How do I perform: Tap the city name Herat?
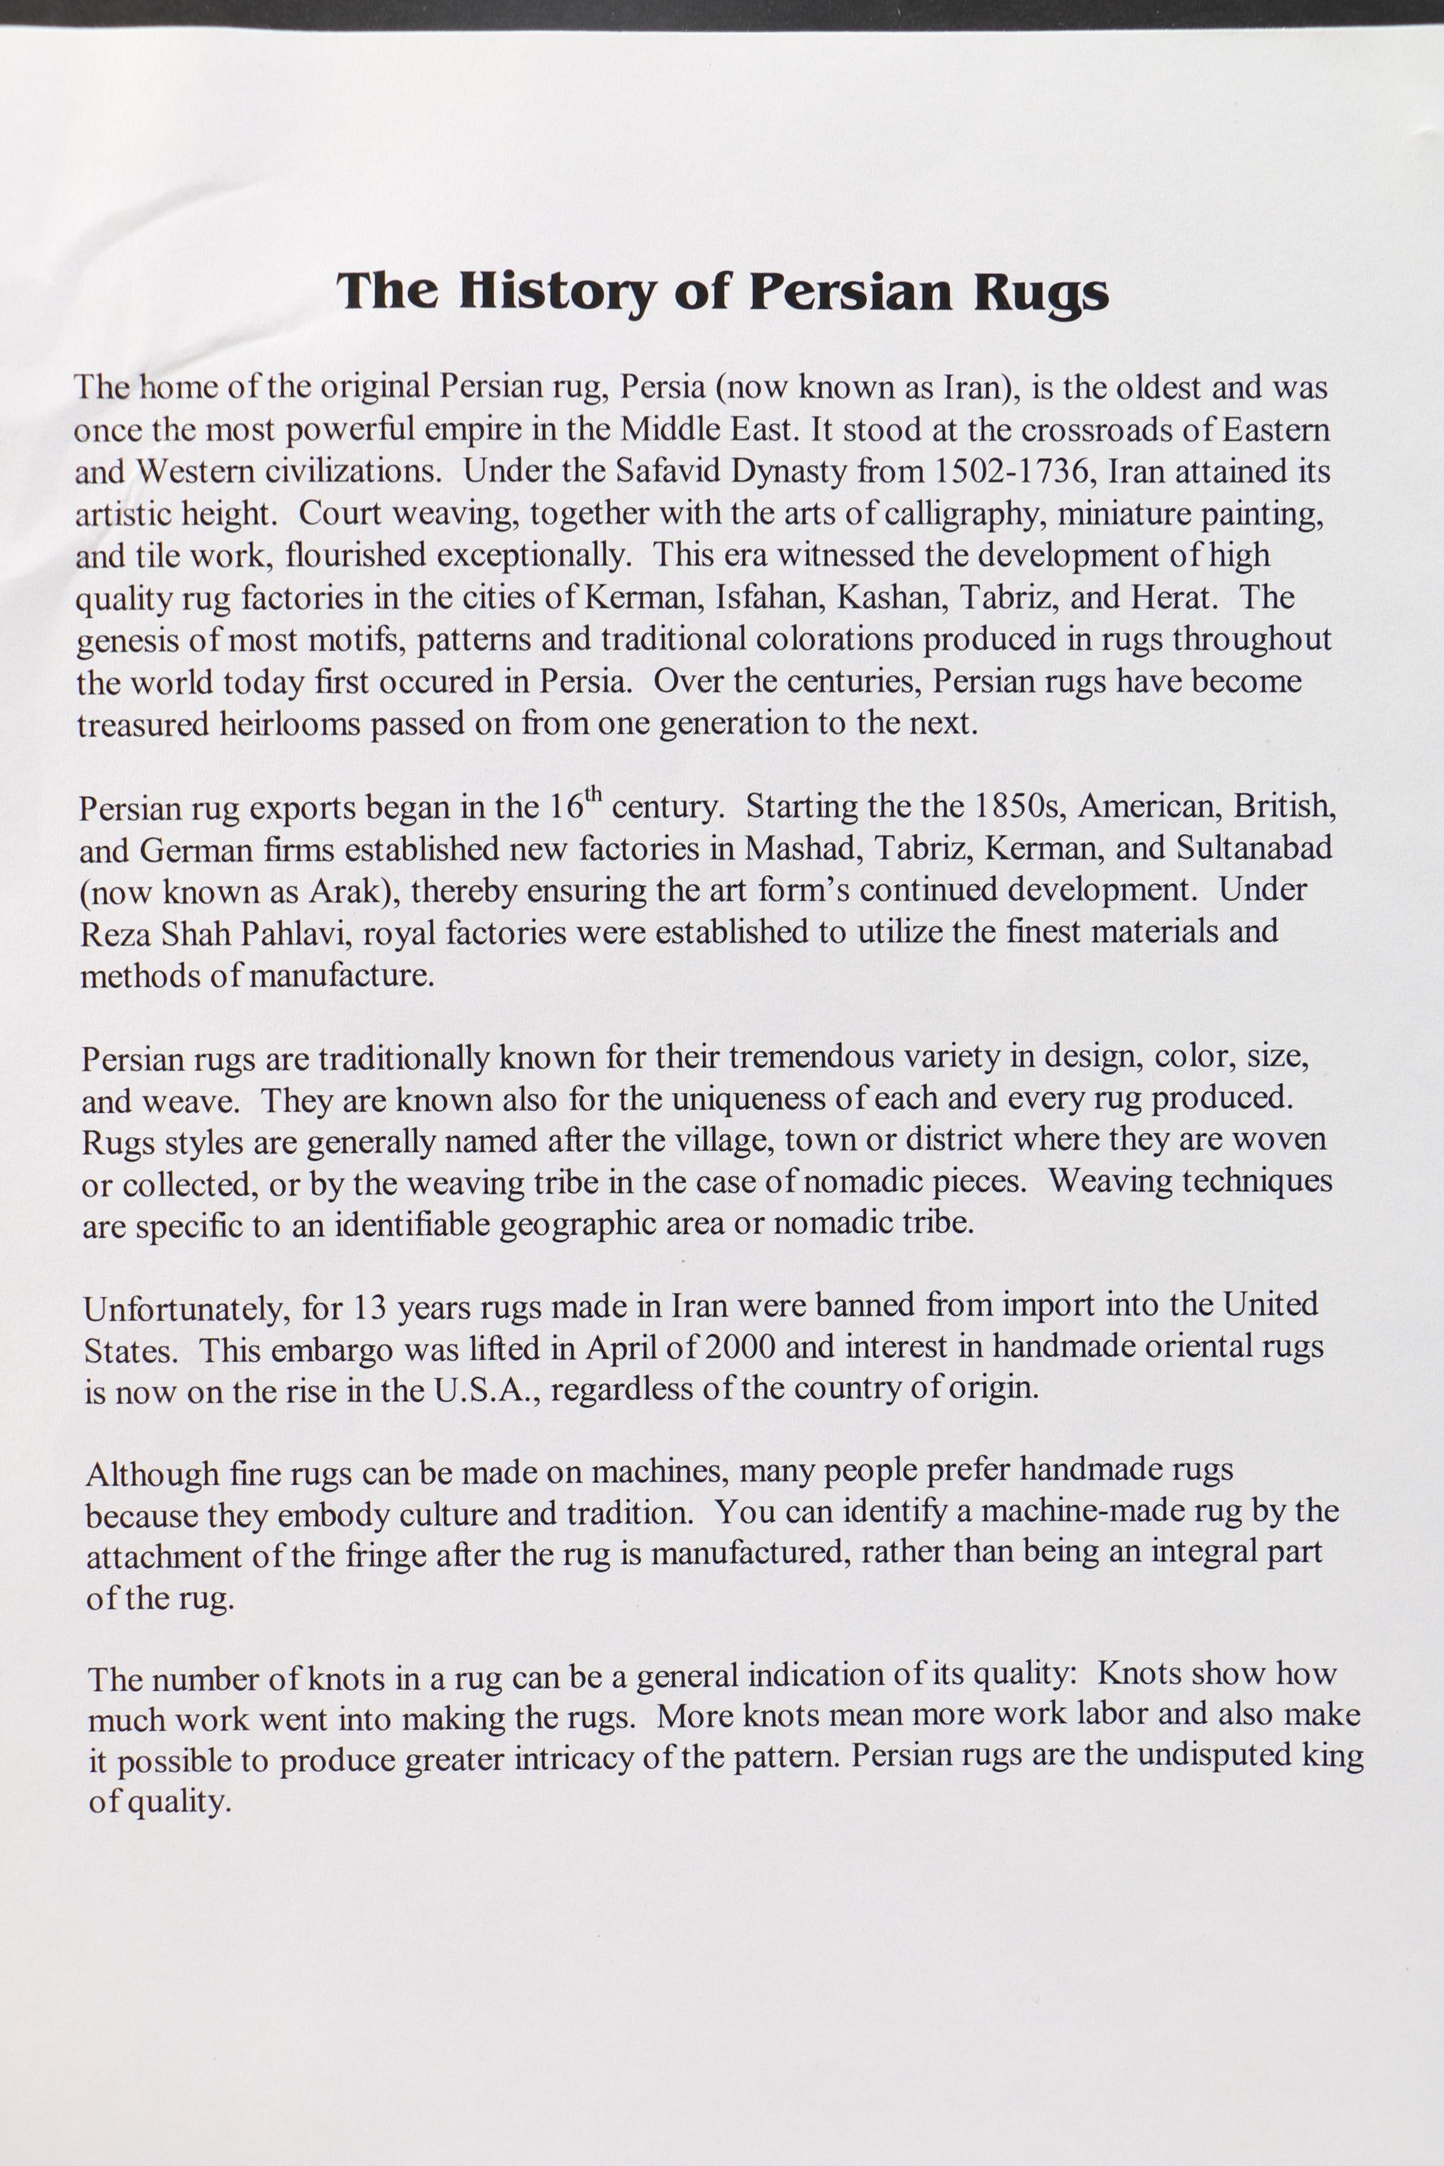coord(1173,598)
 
